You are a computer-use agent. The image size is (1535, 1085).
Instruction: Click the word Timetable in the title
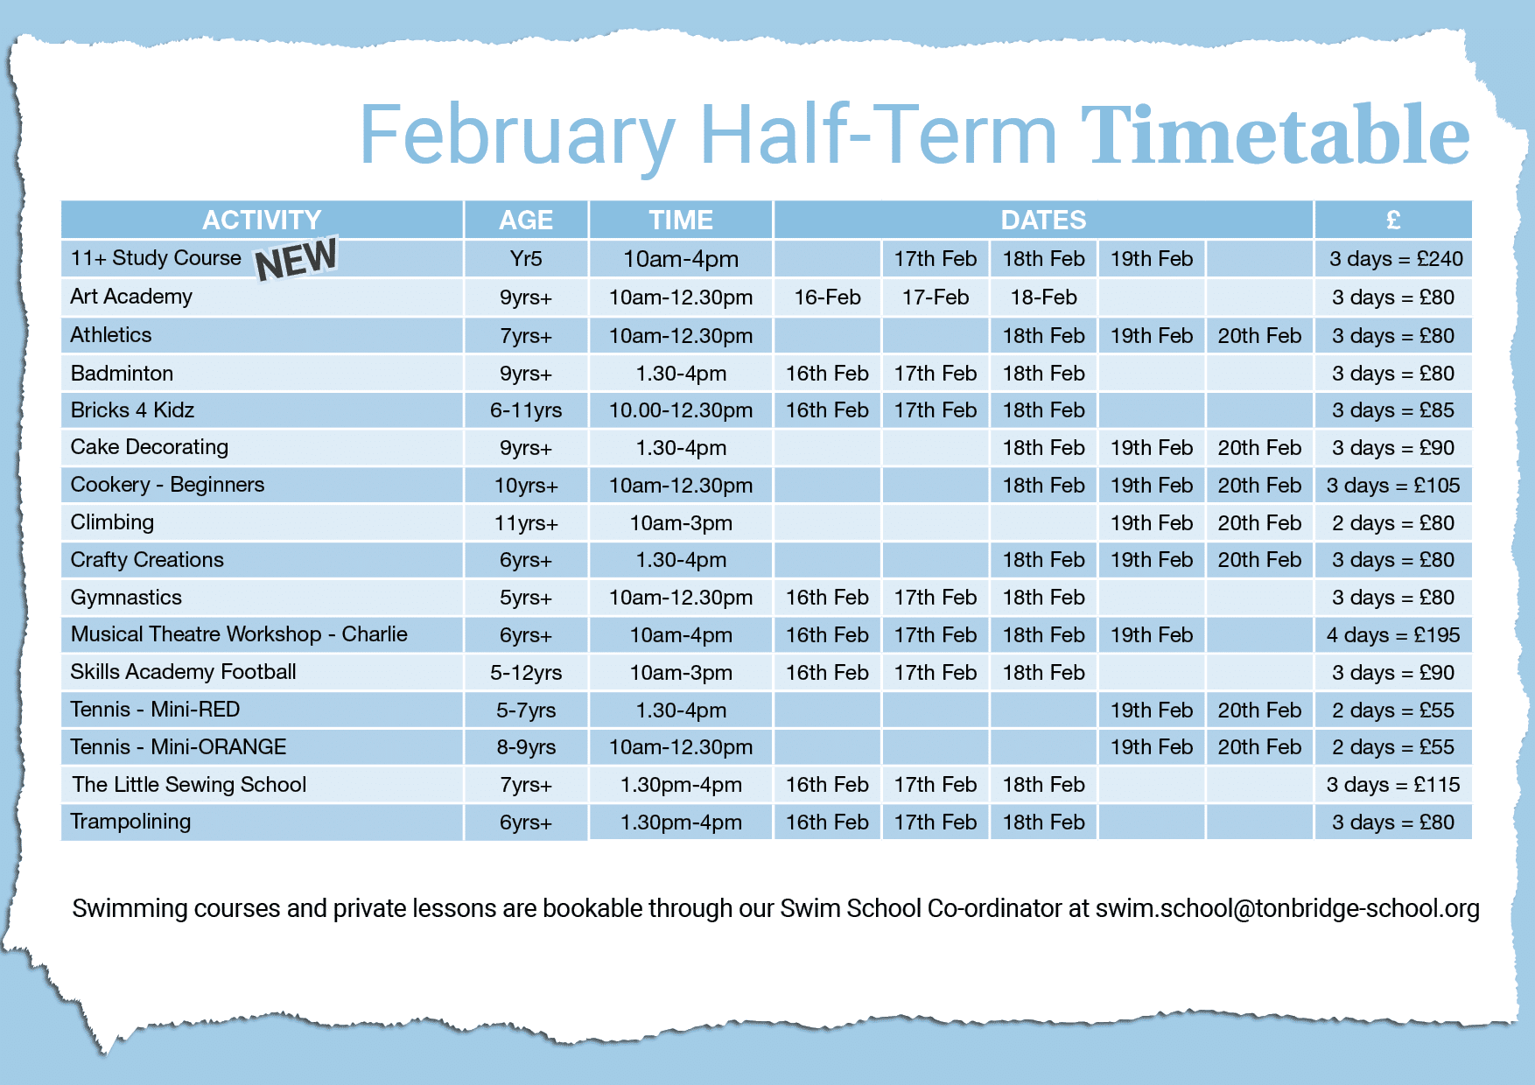[x=1275, y=135]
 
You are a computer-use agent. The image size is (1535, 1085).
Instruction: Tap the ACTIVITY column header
[x=262, y=220]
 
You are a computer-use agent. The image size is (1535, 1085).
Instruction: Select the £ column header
[x=1393, y=220]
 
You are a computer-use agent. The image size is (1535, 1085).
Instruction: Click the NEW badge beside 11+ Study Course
[x=296, y=259]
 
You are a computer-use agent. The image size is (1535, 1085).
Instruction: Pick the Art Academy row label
[x=131, y=297]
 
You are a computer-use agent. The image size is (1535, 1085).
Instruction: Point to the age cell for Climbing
[x=526, y=523]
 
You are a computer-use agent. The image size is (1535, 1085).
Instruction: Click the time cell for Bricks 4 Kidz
[x=681, y=410]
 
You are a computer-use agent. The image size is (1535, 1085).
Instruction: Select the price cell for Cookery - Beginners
[x=1393, y=486]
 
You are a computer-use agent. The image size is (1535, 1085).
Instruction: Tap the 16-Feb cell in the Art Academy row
[x=827, y=297]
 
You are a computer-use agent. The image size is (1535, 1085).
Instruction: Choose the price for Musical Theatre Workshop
[x=1393, y=635]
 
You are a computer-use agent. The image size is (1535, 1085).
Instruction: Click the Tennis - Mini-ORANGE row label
[x=179, y=747]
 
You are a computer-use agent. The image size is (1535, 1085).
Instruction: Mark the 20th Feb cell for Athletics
[x=1259, y=336]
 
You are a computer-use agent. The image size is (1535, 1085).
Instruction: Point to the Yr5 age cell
[x=526, y=259]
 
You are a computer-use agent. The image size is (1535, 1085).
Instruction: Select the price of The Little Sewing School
[x=1393, y=785]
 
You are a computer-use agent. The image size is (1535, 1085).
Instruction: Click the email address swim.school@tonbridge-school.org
[x=1287, y=908]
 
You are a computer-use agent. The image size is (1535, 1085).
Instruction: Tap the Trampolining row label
[x=130, y=822]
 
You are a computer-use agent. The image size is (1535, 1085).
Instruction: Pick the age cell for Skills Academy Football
[x=526, y=673]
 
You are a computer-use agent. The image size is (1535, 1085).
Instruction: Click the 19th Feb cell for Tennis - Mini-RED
[x=1152, y=710]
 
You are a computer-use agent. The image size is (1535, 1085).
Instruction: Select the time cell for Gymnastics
[x=681, y=598]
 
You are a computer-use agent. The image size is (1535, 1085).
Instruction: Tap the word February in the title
[x=517, y=136]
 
